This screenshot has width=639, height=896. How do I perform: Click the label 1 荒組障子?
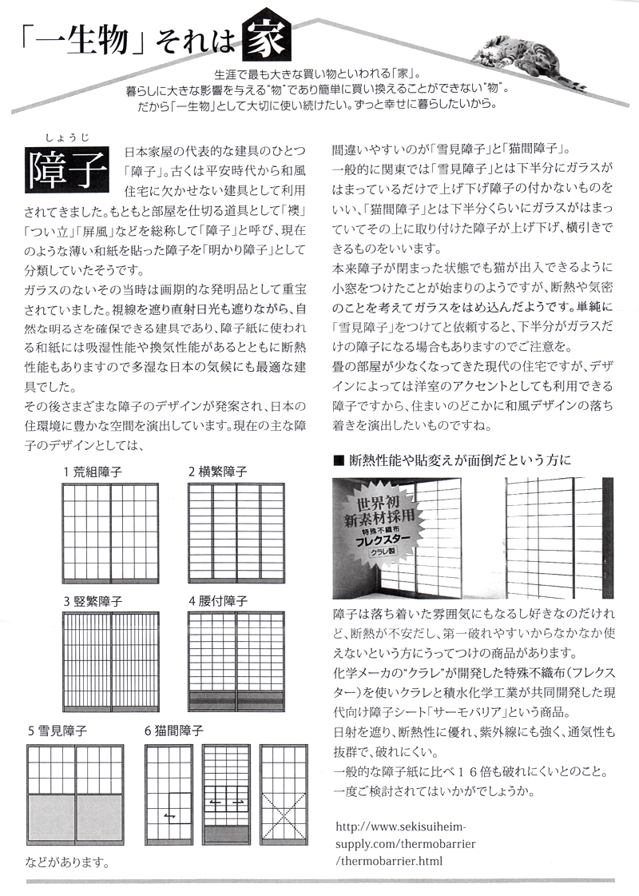point(93,472)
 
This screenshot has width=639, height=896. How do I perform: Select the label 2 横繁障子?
point(217,472)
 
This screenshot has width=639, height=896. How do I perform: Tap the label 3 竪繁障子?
point(93,601)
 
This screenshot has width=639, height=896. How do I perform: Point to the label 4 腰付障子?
point(217,601)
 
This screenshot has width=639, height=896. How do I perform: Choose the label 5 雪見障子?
point(57,731)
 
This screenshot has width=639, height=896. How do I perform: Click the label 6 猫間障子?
point(174,731)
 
